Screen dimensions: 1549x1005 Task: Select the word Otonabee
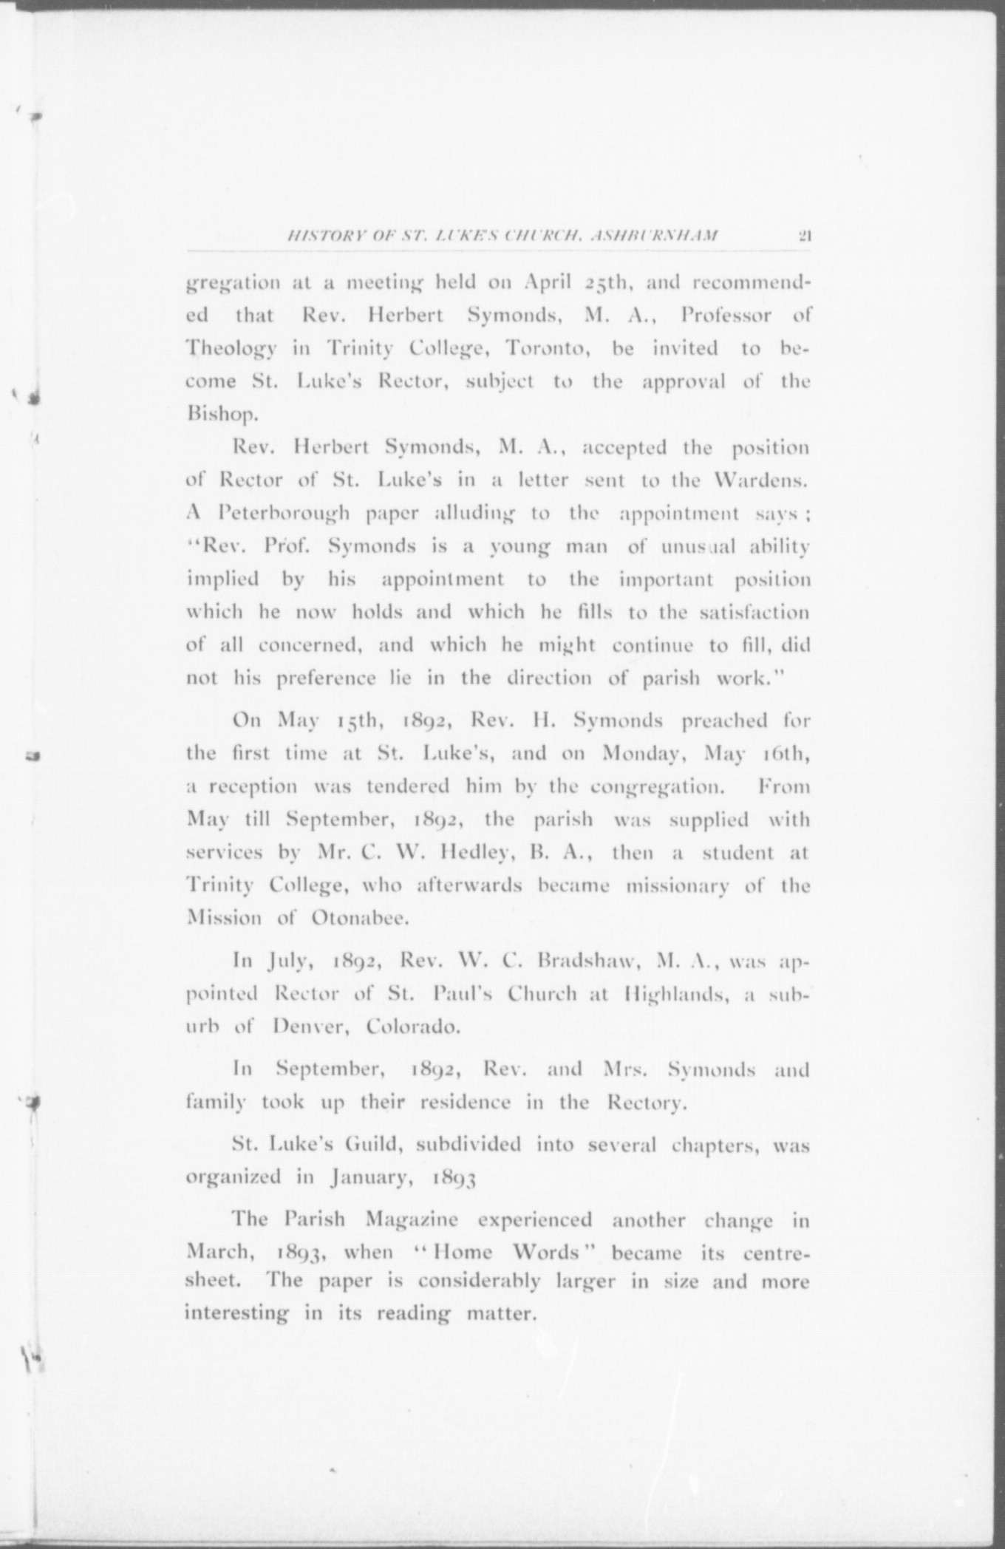359,919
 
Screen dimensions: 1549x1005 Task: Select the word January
370,1178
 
